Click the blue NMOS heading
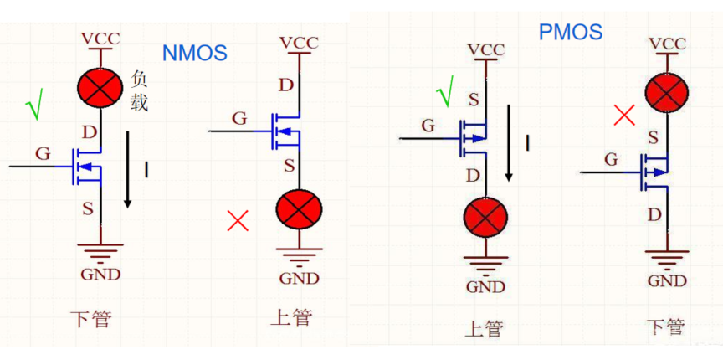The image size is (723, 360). pyautogui.click(x=195, y=53)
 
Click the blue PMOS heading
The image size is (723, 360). pyautogui.click(x=571, y=33)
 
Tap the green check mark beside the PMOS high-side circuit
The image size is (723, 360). pyautogui.click(x=444, y=91)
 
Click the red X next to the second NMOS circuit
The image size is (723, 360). pyautogui.click(x=238, y=221)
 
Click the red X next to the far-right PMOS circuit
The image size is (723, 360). pyautogui.click(x=624, y=115)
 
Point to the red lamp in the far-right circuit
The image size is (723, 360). pyautogui.click(x=667, y=91)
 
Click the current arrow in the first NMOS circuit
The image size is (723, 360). pyautogui.click(x=128, y=168)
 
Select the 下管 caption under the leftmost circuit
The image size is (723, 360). pyautogui.click(x=90, y=319)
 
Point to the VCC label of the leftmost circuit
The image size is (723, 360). pyautogui.click(x=100, y=38)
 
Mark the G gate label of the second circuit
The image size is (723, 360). pyautogui.click(x=239, y=118)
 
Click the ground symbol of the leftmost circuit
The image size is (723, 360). pyautogui.click(x=100, y=251)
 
